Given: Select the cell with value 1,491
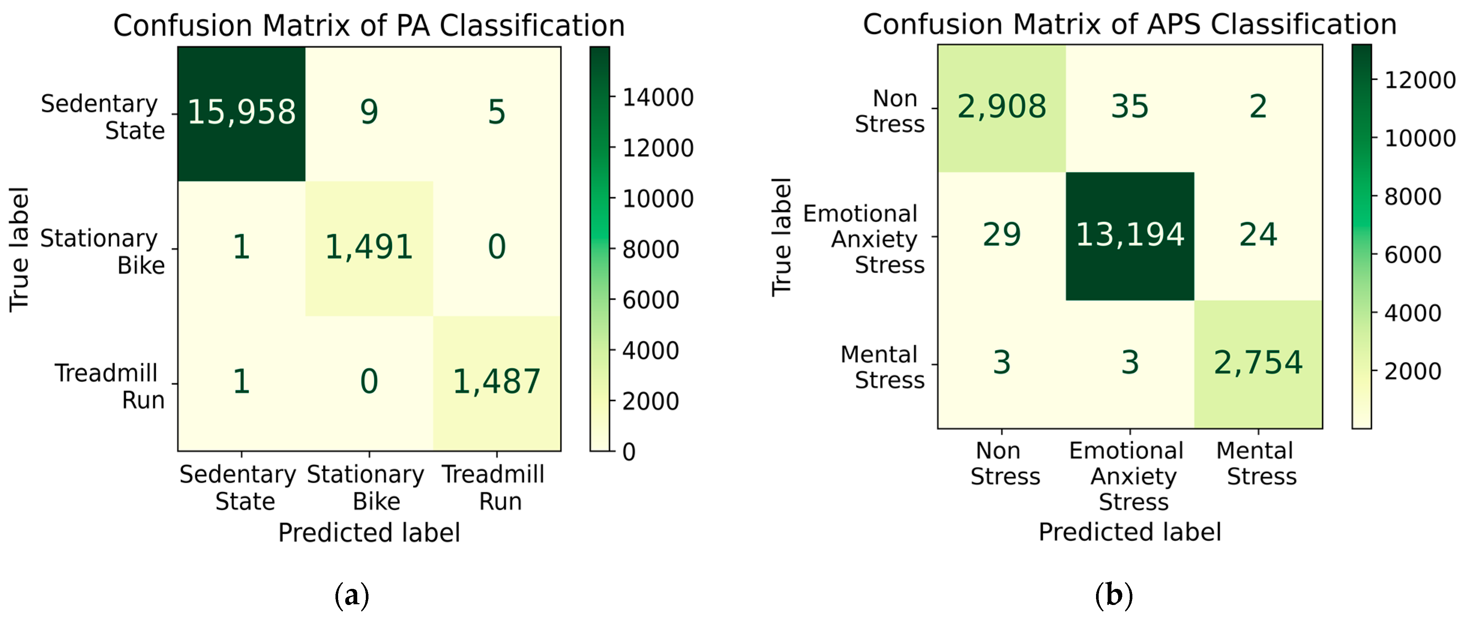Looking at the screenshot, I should [x=369, y=247].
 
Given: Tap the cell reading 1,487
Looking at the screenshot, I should [x=496, y=381].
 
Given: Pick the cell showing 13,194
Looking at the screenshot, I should [x=1130, y=234].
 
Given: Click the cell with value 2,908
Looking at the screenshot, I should [x=1002, y=107].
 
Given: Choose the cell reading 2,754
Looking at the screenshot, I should [x=1258, y=363].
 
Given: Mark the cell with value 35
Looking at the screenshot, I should [x=1130, y=107].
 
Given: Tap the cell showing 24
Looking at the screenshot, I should [x=1258, y=234].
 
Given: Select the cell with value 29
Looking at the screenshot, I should [x=1002, y=234].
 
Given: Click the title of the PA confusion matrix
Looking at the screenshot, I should [x=369, y=26].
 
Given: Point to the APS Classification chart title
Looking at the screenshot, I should [x=1130, y=24].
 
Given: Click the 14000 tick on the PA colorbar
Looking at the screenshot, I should [x=658, y=98].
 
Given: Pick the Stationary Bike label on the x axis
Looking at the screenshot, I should [x=366, y=488].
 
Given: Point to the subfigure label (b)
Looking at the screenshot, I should [x=1114, y=595].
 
